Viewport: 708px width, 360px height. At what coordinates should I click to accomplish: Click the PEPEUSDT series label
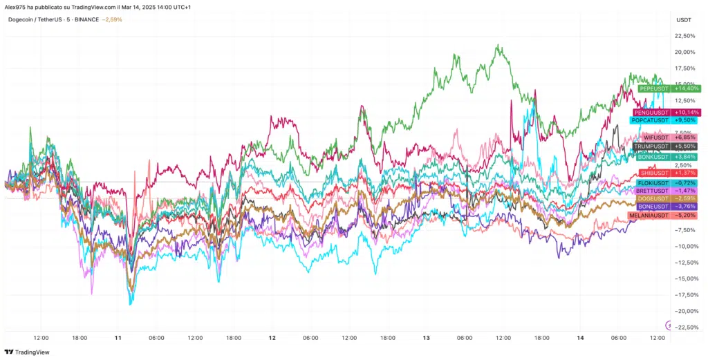654,88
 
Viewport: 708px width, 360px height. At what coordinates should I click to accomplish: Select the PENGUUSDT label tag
652,112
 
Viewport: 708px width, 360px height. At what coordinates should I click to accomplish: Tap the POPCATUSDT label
649,120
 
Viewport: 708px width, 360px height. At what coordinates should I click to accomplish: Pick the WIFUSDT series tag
655,138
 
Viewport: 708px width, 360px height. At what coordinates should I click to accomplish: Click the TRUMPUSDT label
653,146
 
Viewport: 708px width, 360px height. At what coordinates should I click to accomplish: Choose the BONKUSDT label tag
655,157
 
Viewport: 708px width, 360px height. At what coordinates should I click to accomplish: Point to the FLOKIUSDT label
653,182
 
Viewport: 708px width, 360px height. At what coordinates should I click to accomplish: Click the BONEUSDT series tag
654,207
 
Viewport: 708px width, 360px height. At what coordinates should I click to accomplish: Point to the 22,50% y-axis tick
685,36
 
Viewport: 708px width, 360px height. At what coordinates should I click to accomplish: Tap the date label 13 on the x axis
426,338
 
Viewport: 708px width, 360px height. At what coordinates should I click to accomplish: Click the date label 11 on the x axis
118,338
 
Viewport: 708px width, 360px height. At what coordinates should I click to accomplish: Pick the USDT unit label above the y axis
683,19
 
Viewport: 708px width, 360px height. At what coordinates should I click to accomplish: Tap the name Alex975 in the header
15,6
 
